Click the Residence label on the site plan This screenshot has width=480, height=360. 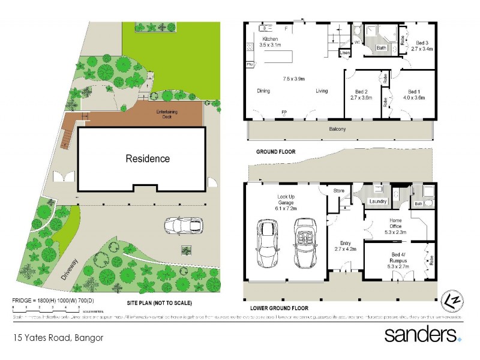point(147,159)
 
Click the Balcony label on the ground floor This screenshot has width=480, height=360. point(337,129)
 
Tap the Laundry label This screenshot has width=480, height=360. point(378,202)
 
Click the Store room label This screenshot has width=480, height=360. point(339,191)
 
